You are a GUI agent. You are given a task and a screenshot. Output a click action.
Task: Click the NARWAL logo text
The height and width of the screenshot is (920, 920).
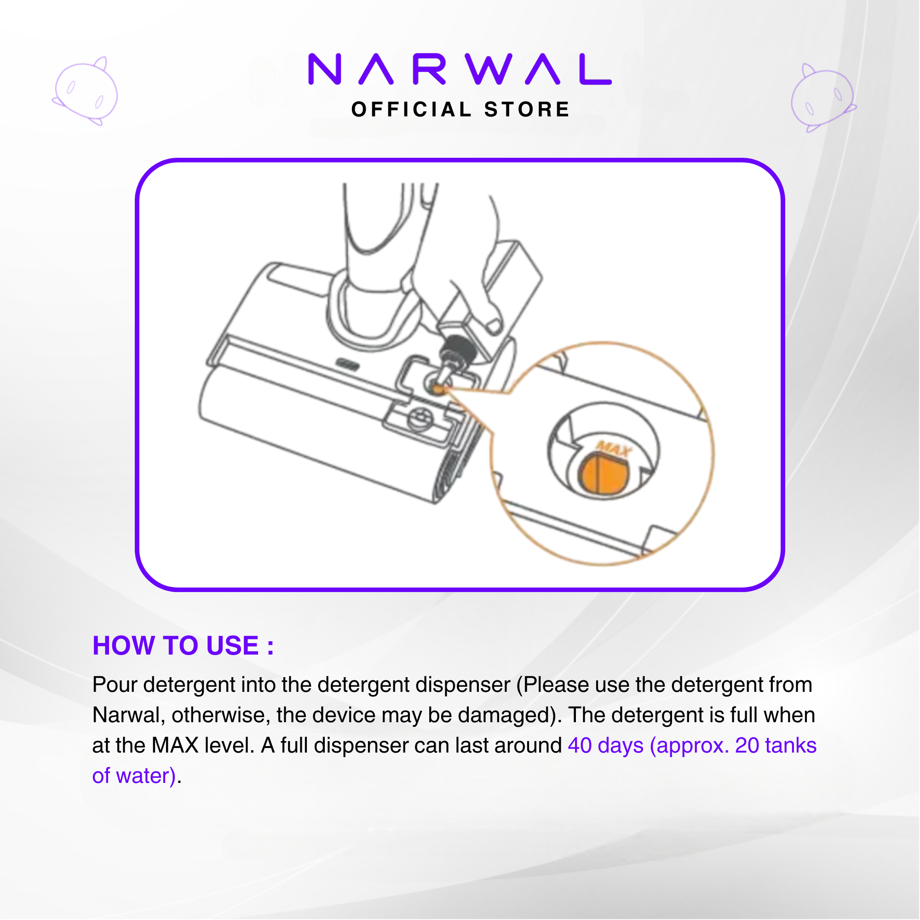460,69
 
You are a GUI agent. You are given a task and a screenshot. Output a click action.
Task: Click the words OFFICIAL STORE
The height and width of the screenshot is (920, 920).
460,109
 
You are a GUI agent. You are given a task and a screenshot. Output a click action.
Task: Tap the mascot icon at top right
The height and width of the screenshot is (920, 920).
823,98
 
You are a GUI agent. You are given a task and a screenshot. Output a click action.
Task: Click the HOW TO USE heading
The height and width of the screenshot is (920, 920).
184,646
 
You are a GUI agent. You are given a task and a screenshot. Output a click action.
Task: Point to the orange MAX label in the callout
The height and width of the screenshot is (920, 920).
613,448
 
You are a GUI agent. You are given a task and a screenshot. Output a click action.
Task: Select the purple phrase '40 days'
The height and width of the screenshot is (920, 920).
605,746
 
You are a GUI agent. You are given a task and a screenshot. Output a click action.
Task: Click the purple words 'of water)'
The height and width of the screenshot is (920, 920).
134,776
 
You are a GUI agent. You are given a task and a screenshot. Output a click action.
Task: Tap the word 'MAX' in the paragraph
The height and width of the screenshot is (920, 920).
175,746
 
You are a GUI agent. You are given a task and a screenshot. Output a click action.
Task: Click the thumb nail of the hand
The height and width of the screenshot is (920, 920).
494,325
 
